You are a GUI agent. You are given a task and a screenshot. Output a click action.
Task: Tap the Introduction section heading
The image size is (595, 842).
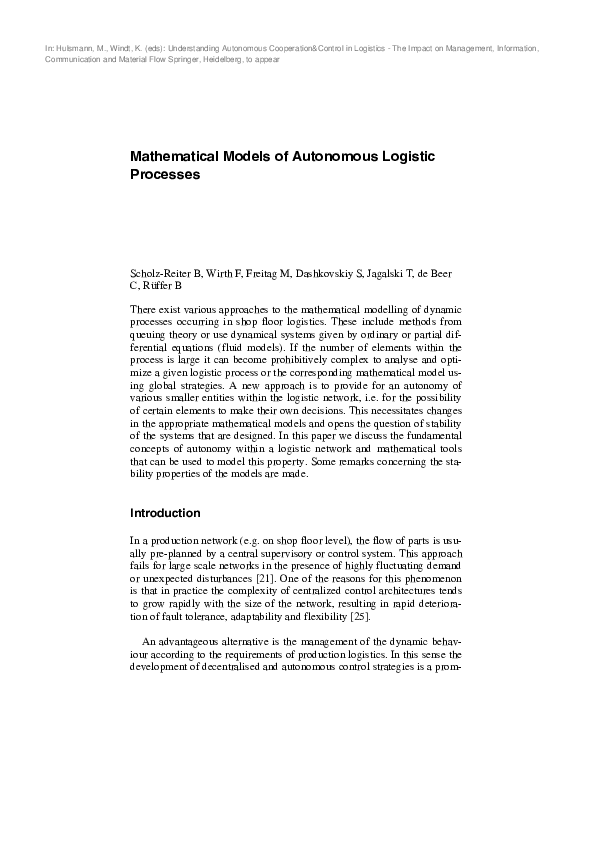(166, 513)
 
